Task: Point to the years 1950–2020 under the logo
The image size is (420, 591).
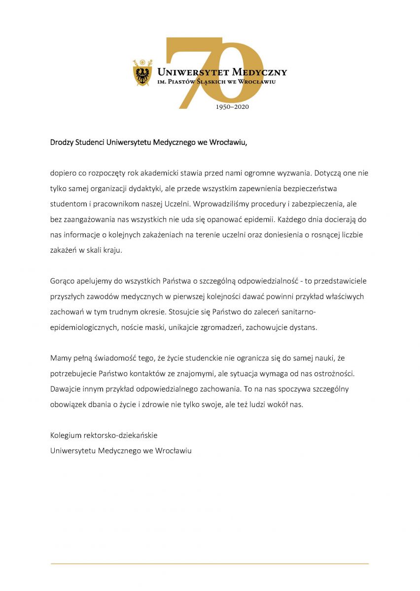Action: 232,107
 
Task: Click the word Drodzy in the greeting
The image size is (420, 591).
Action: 62,143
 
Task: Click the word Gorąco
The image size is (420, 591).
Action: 62,281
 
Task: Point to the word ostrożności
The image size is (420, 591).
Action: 334,373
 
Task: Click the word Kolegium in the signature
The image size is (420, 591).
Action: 65,435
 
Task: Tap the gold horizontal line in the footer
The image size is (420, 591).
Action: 210,563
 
